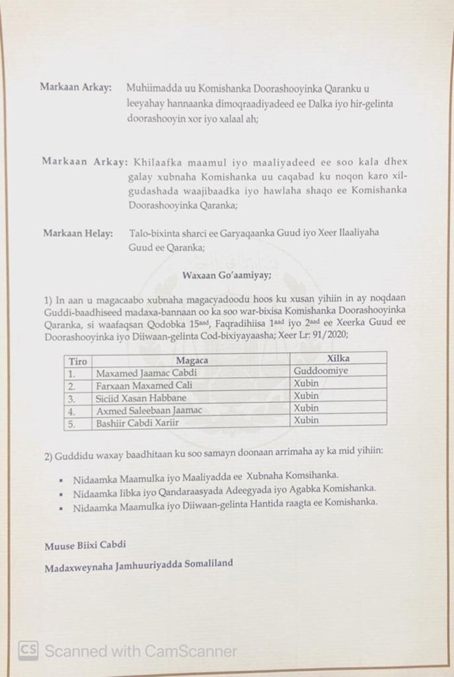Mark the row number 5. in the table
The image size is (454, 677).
[71, 423]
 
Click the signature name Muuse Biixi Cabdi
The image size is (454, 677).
[86, 545]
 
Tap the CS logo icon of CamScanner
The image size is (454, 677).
[28, 649]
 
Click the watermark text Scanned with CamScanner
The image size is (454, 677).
[140, 650]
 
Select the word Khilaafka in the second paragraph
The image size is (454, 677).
[160, 162]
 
